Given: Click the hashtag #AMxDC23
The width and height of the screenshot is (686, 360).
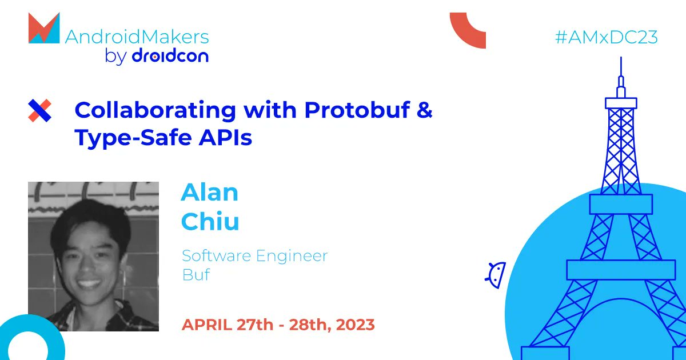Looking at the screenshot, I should point(607,38).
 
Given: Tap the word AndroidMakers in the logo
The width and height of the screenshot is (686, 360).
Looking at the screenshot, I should point(137,38).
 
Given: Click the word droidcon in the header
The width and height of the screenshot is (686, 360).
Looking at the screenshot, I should point(170,56).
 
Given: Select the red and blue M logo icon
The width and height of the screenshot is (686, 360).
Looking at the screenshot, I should point(43,29).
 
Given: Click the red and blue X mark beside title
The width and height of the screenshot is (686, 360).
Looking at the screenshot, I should point(39,110).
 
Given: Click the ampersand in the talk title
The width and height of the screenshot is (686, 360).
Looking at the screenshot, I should point(424,110).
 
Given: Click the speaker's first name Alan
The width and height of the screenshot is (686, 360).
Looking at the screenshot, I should point(209,193).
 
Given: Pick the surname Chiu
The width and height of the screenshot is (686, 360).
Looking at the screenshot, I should point(210,222).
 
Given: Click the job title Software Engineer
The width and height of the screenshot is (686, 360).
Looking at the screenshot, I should point(254,255).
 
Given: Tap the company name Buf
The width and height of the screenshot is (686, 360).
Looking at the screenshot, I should point(196,274).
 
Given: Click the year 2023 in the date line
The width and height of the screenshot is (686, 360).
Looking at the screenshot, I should point(355,325).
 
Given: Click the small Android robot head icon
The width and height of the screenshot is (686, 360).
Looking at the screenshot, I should point(496,274).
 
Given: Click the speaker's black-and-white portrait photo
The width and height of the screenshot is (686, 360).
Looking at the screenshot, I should point(93,256).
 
